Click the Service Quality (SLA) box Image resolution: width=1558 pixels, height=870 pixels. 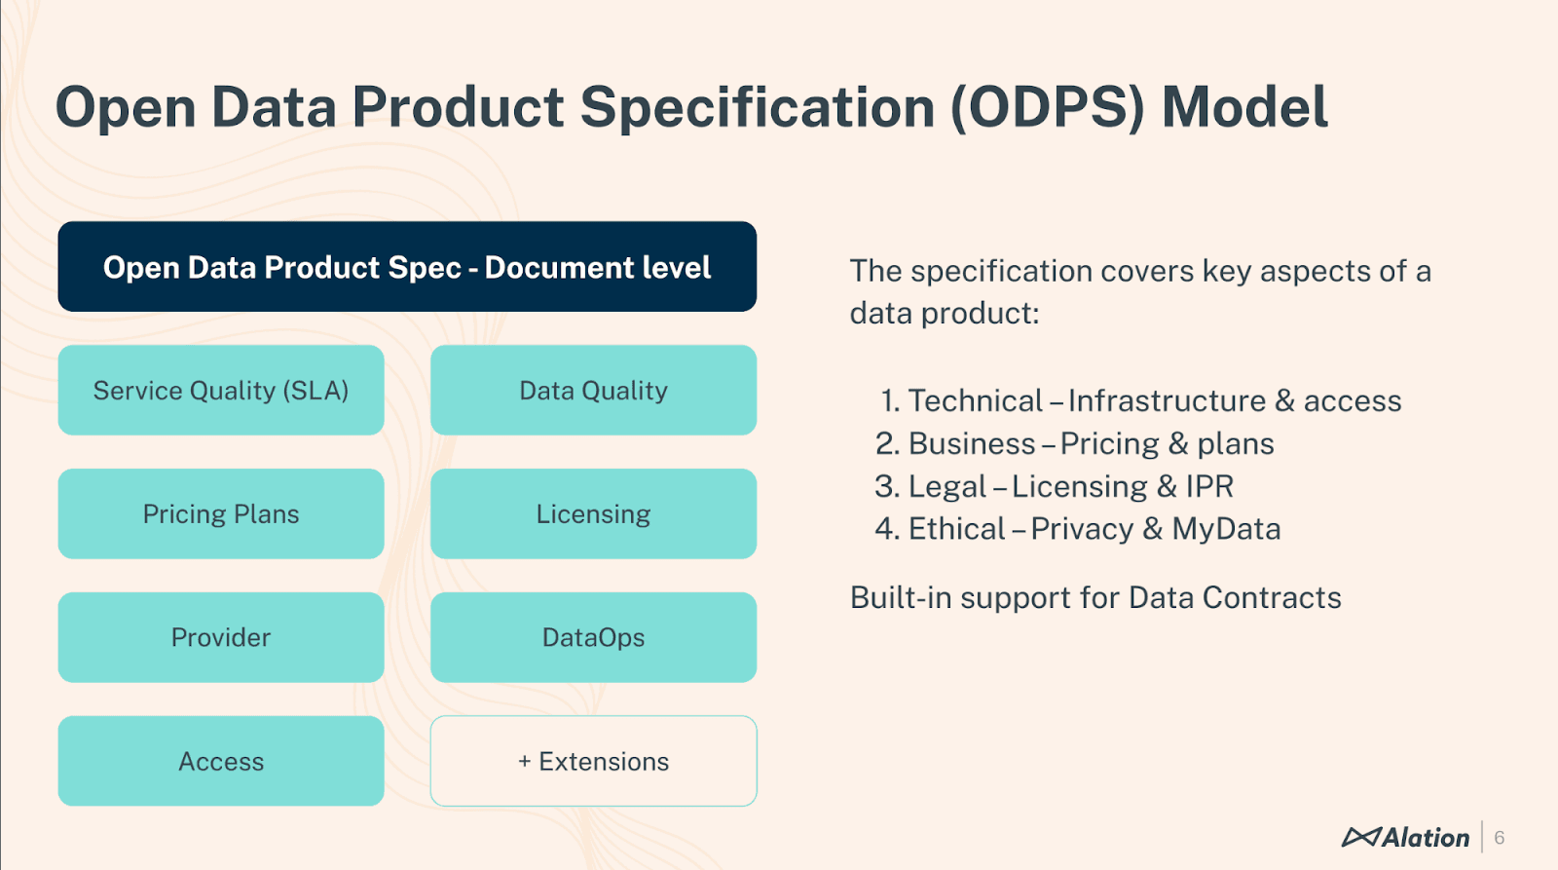(x=221, y=390)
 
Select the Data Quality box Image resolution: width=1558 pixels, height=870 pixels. (x=593, y=390)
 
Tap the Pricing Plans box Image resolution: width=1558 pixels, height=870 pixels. (x=221, y=513)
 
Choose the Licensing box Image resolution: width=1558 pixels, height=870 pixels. (x=593, y=513)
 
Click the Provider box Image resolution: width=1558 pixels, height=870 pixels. (x=221, y=637)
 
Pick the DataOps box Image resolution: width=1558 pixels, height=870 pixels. (x=593, y=637)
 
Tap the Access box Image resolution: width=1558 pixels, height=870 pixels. (x=221, y=761)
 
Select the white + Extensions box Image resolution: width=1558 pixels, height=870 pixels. (x=593, y=761)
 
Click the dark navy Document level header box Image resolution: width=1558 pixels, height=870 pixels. (x=407, y=267)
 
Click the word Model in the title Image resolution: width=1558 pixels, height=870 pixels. (x=1244, y=107)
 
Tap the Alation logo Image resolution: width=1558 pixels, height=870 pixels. (x=1405, y=837)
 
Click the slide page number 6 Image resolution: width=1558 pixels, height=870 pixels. (x=1500, y=838)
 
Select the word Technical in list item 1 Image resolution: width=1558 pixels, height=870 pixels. (x=975, y=400)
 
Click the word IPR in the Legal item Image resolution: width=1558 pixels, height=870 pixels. (x=1209, y=486)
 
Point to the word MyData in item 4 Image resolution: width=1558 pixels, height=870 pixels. (x=1226, y=529)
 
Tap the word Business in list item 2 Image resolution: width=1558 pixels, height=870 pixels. (x=971, y=444)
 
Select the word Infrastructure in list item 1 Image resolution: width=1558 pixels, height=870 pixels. (x=1167, y=400)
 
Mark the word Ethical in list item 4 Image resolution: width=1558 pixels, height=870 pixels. (x=956, y=529)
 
